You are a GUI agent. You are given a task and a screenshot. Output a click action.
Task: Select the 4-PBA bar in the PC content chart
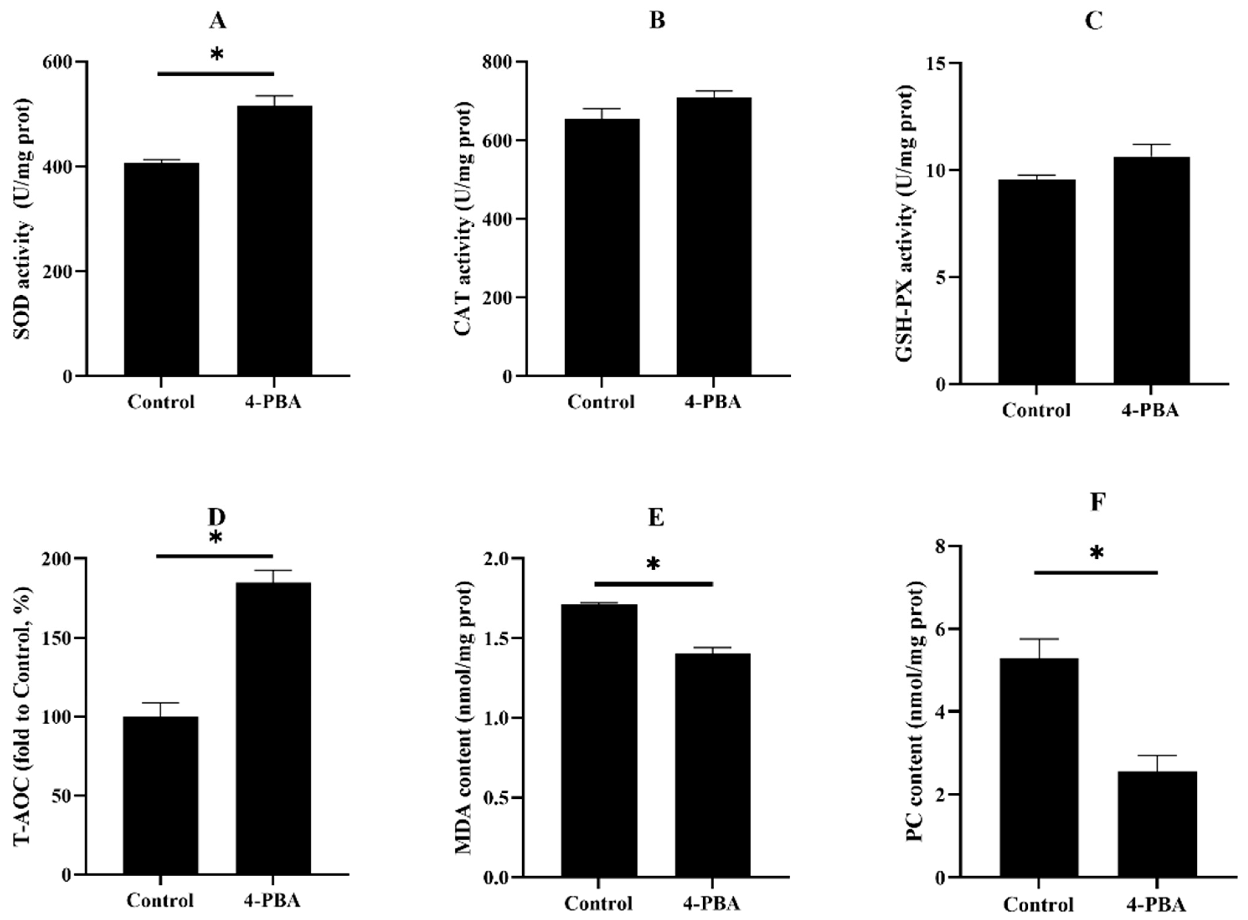1157,824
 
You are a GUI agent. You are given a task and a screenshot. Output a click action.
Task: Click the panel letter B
657,21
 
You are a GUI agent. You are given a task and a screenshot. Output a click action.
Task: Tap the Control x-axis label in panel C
1036,410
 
